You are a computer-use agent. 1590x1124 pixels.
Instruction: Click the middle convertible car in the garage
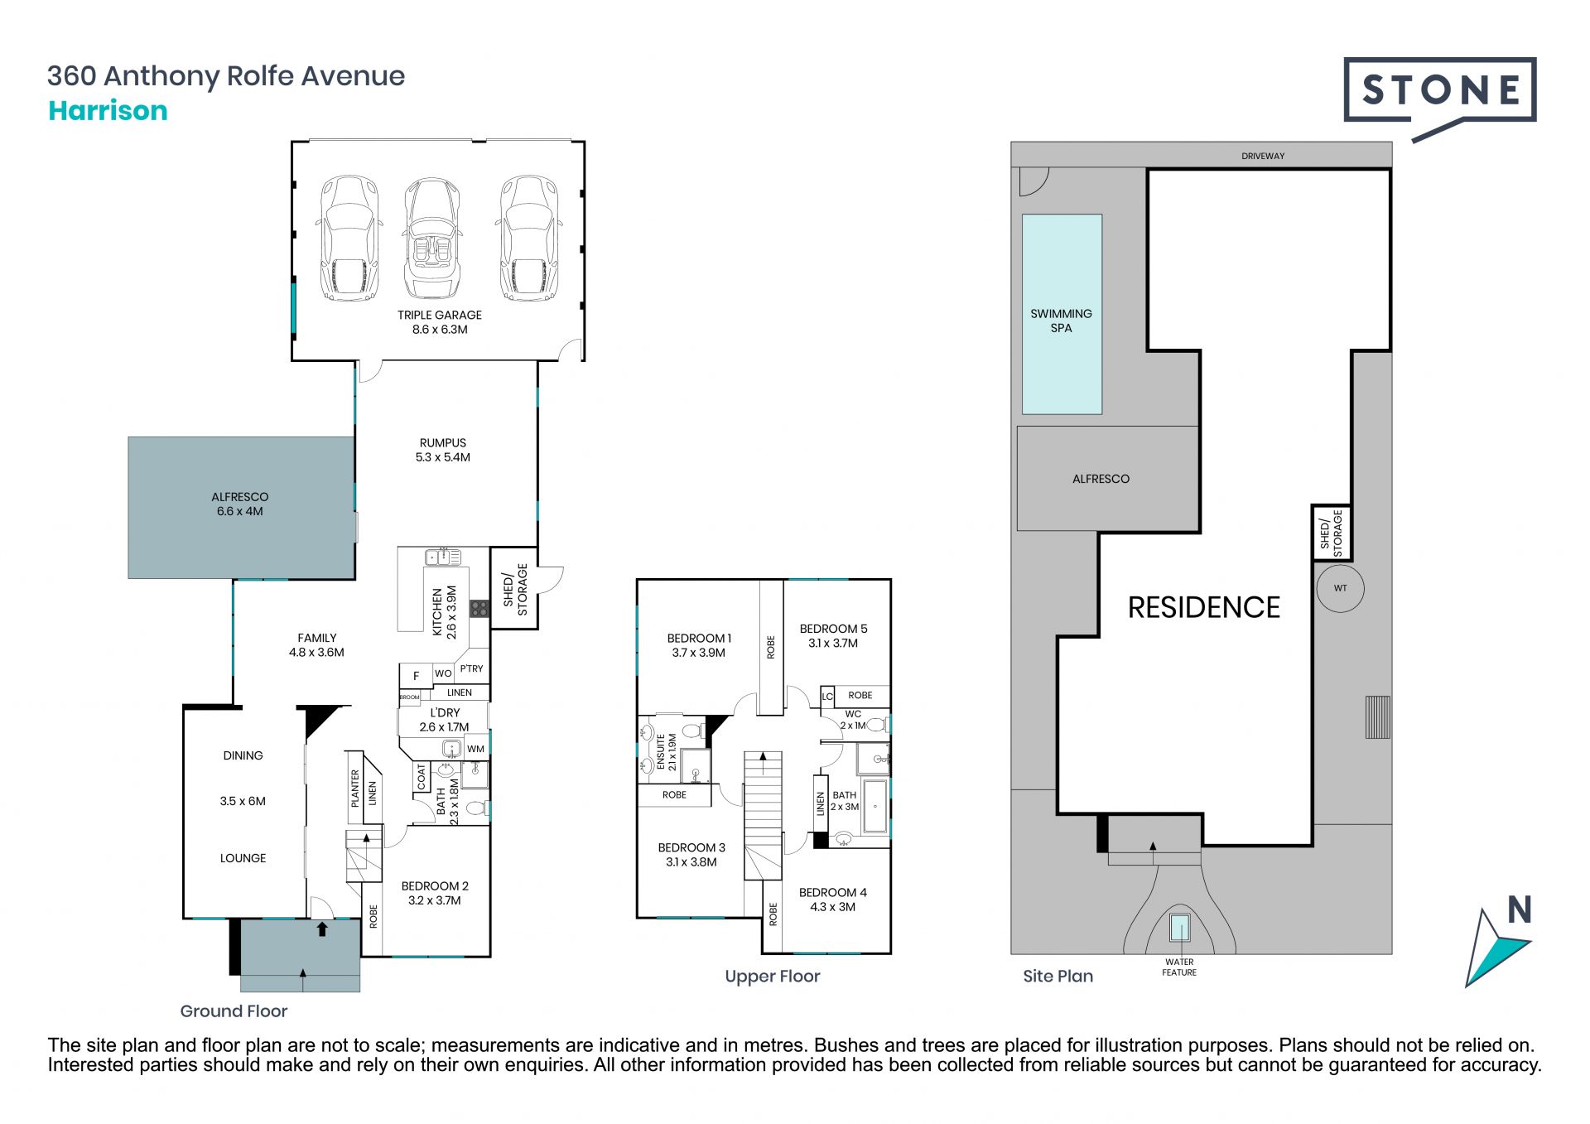coord(431,239)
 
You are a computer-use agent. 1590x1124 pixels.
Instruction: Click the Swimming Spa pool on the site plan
coord(1062,314)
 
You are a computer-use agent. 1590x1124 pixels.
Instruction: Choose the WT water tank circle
coord(1340,588)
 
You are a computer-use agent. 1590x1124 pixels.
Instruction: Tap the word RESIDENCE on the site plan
coord(1203,607)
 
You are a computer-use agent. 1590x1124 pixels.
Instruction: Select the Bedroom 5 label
coord(833,629)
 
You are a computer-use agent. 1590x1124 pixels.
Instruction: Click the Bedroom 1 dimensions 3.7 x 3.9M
coord(698,653)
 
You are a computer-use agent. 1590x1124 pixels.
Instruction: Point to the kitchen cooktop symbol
coord(479,609)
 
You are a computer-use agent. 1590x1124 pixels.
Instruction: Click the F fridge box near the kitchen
coord(416,675)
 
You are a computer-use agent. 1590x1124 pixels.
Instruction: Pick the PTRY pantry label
coord(471,668)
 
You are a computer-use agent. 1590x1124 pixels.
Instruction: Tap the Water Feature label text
coord(1179,967)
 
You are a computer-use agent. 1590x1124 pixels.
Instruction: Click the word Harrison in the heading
coord(108,111)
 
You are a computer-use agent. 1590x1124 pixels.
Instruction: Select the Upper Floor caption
coord(773,977)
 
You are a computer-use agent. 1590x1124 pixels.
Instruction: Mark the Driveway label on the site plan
coord(1263,156)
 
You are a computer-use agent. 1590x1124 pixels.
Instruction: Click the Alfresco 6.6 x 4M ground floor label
coord(240,504)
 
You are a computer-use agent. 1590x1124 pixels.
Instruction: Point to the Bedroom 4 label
coord(832,892)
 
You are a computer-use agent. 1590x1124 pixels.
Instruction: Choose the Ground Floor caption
coord(234,1011)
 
